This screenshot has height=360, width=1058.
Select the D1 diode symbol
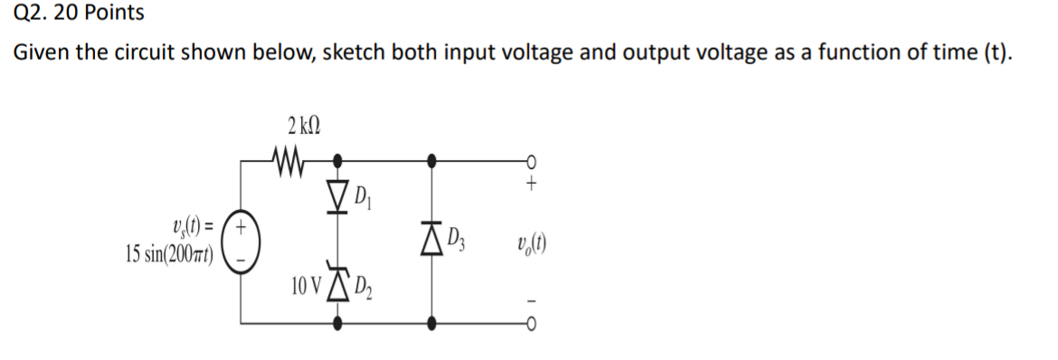tap(337, 192)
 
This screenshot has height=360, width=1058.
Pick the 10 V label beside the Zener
tap(306, 288)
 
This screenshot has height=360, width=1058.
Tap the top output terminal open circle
tap(533, 162)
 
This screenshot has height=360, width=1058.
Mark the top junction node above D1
tap(337, 162)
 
